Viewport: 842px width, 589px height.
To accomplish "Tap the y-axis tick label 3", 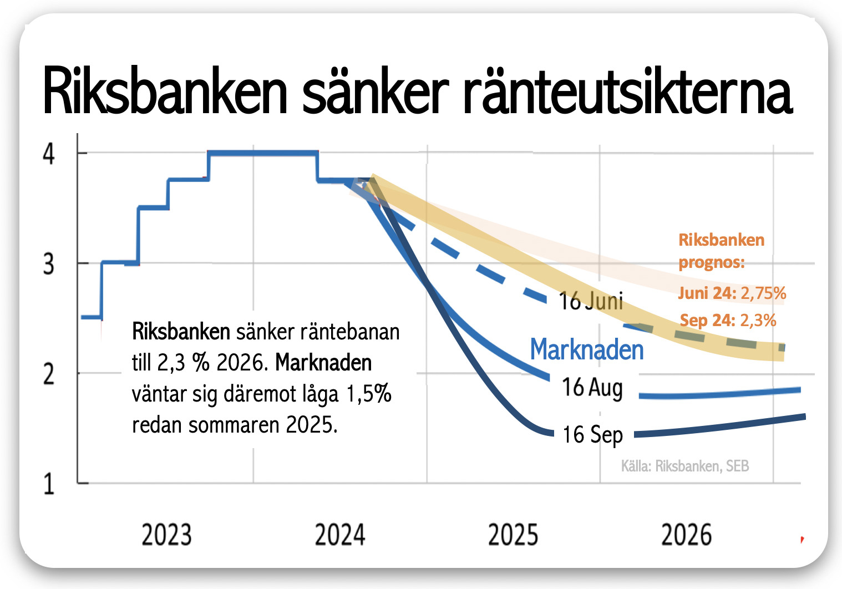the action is pyautogui.click(x=49, y=265).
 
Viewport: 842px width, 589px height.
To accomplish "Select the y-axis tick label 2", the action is pyautogui.click(x=49, y=374).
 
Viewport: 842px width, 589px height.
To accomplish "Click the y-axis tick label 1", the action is pyautogui.click(x=49, y=484).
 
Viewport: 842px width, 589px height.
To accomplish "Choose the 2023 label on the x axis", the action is pyautogui.click(x=166, y=535).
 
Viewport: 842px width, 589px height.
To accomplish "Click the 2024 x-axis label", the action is pyautogui.click(x=340, y=535).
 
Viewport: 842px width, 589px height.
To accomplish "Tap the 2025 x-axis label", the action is pyautogui.click(x=513, y=535).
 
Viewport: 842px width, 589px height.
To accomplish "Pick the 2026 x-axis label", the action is pyautogui.click(x=686, y=535).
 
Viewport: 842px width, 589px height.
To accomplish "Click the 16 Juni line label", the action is pyautogui.click(x=591, y=301).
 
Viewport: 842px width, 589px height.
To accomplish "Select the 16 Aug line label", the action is pyautogui.click(x=592, y=388).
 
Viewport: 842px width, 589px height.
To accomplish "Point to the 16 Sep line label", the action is pyautogui.click(x=593, y=435).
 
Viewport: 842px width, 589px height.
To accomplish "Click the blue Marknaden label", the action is pyautogui.click(x=587, y=349).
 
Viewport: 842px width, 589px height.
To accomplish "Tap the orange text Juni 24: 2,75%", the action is pyautogui.click(x=732, y=293).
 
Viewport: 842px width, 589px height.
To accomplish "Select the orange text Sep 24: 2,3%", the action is pyautogui.click(x=728, y=321).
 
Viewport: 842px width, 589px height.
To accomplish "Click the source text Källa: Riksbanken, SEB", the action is pyautogui.click(x=685, y=466).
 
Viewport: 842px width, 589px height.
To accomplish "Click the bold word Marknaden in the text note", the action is pyautogui.click(x=323, y=363).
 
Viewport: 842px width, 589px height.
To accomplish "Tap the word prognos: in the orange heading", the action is pyautogui.click(x=712, y=263).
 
